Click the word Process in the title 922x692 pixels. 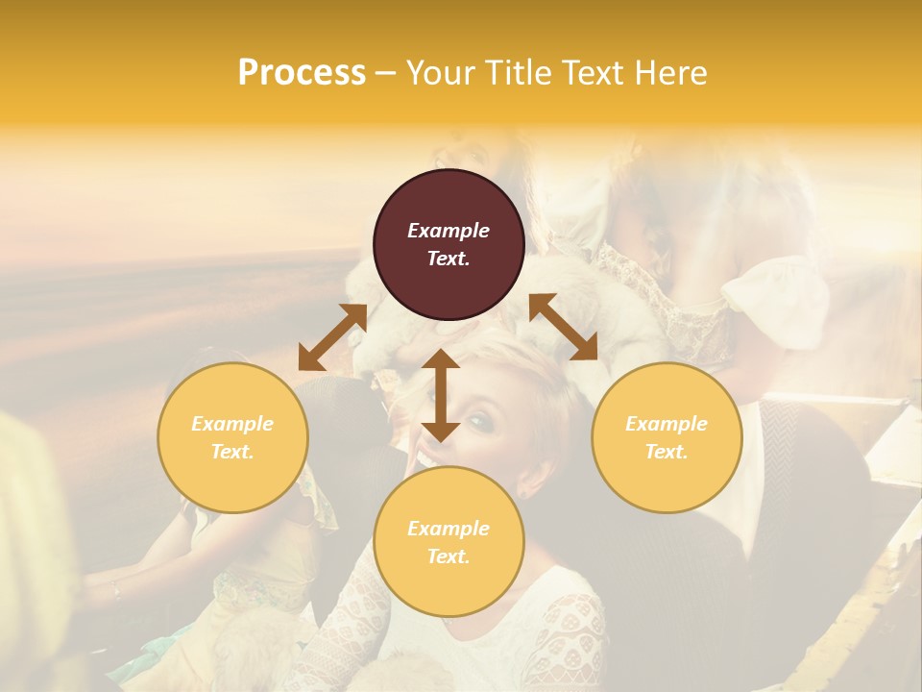302,73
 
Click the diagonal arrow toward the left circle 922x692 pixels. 332,337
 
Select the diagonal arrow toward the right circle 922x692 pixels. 563,327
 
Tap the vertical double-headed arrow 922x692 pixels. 441,395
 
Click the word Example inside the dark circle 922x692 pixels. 449,231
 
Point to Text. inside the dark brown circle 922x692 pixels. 449,259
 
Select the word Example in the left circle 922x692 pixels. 232,424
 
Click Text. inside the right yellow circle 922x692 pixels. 667,452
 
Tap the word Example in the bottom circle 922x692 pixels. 449,529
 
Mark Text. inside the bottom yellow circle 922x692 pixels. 449,556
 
